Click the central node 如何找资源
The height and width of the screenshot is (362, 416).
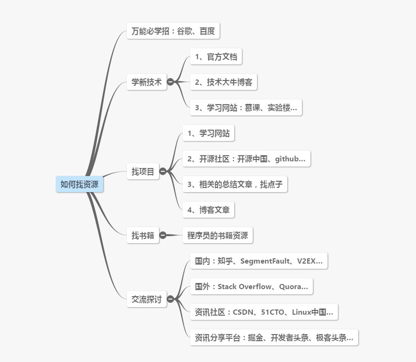tap(80, 184)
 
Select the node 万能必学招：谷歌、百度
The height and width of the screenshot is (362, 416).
tap(173, 32)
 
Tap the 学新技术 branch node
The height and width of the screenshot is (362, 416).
tap(146, 82)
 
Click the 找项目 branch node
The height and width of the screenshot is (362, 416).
tap(143, 171)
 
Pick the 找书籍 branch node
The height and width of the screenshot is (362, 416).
tap(143, 235)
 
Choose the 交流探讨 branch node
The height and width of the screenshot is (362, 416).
tap(146, 299)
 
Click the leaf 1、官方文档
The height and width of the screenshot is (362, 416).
tap(216, 57)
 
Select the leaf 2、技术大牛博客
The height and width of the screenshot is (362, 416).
tap(223, 82)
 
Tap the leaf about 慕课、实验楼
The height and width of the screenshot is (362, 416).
tap(246, 107)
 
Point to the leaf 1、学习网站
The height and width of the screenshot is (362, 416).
tap(208, 133)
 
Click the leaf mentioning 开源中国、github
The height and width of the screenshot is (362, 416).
tap(246, 159)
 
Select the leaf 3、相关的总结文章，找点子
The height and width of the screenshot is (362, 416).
tap(235, 184)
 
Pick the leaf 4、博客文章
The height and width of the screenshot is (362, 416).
tap(208, 210)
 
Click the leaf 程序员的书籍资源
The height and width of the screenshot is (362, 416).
tap(218, 235)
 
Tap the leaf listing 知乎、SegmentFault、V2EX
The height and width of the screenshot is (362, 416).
tap(258, 261)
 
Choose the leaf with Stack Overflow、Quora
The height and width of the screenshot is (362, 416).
tap(251, 286)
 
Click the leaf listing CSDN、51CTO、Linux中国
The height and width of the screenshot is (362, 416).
tap(264, 312)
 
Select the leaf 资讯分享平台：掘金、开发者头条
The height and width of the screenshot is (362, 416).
tap(274, 337)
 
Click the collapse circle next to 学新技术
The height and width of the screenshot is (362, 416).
tap(170, 82)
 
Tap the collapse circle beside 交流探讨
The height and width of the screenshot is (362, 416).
tap(170, 299)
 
